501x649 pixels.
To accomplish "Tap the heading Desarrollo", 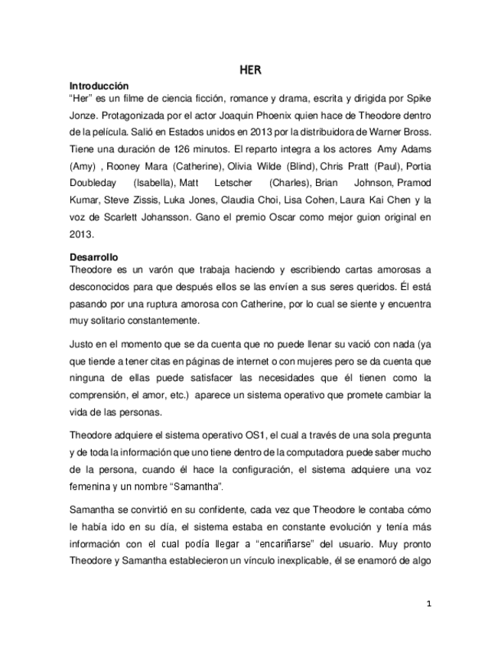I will pyautogui.click(x=95, y=258).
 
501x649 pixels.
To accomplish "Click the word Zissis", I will pyautogui.click(x=160, y=200).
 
